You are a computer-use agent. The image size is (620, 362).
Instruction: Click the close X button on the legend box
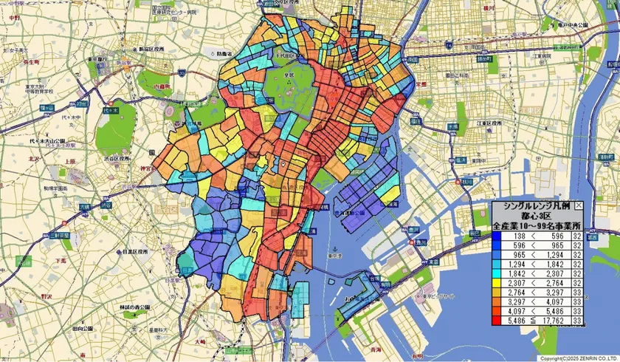(578, 206)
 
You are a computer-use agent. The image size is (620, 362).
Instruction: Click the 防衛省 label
(225, 54)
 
